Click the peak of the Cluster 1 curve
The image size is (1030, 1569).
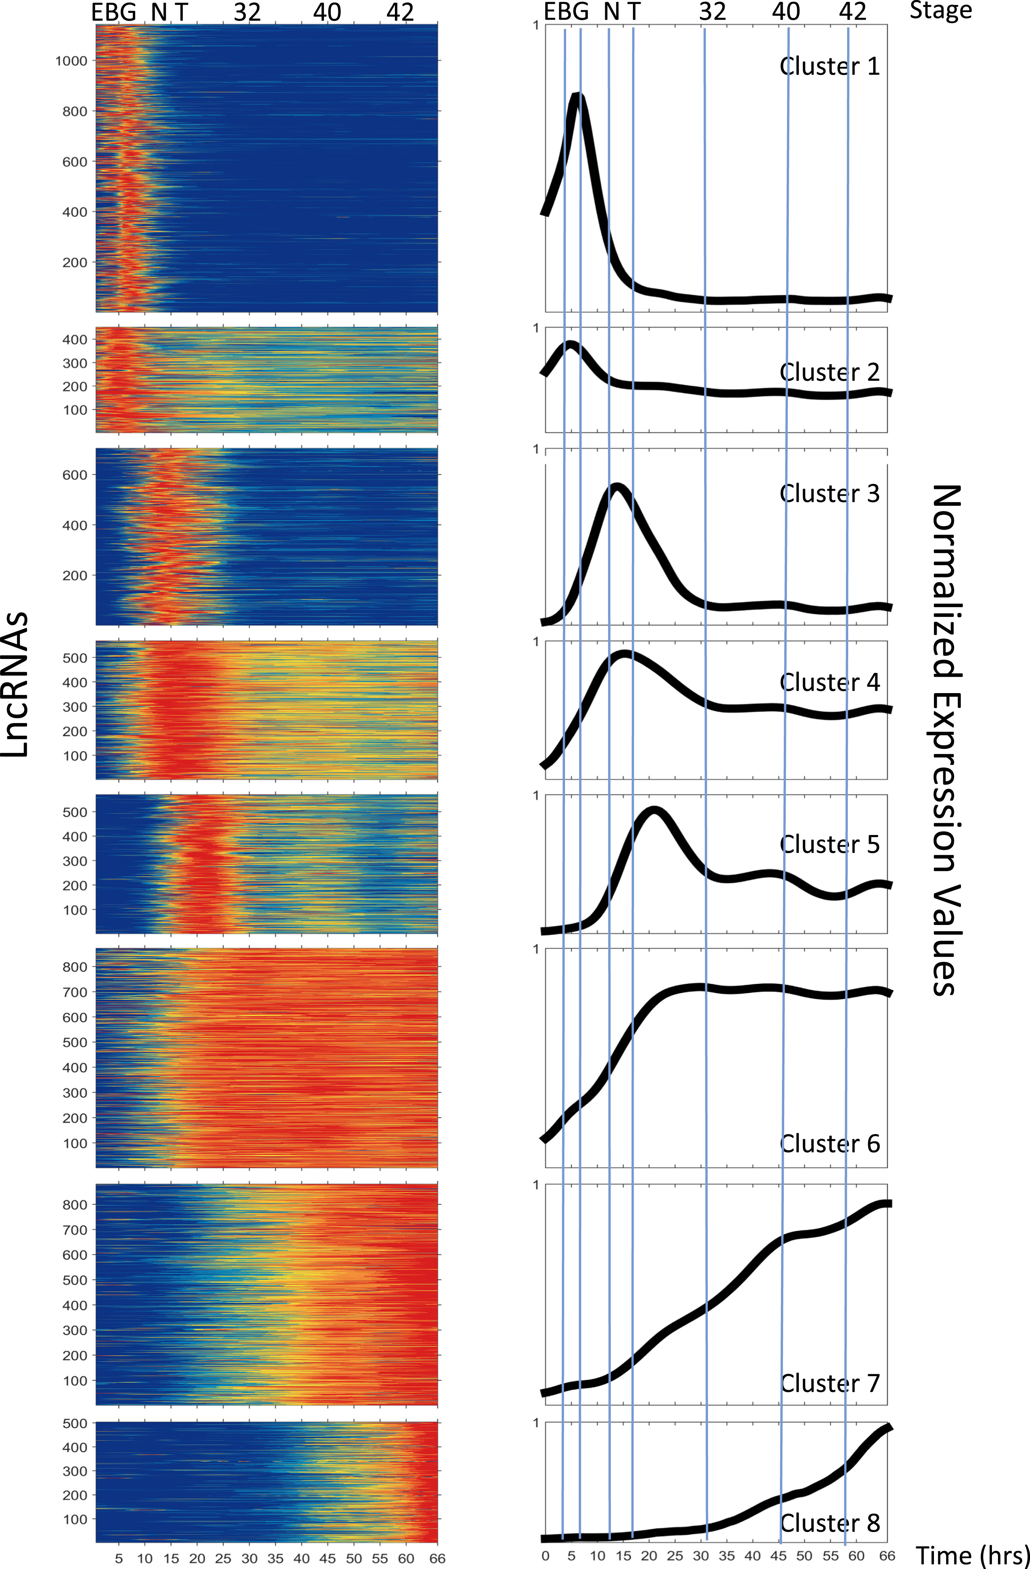pyautogui.click(x=578, y=97)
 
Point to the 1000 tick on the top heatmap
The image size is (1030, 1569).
pyautogui.click(x=71, y=61)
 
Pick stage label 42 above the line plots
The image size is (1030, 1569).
pyautogui.click(x=852, y=11)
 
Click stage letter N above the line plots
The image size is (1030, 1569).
pyautogui.click(x=611, y=11)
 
